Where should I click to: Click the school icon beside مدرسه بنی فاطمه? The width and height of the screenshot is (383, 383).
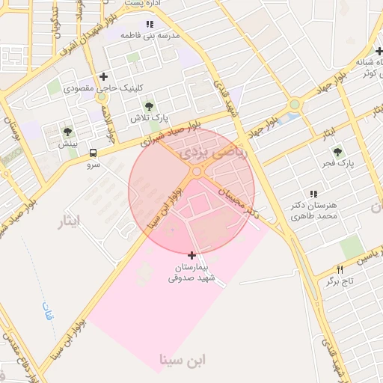click(x=150, y=25)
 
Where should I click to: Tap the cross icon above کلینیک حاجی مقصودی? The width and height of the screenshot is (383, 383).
click(x=103, y=76)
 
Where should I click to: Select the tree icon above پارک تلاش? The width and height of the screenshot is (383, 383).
click(x=149, y=106)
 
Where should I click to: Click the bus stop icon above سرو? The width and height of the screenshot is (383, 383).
click(x=93, y=150)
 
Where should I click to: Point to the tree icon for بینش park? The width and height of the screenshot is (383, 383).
click(x=68, y=132)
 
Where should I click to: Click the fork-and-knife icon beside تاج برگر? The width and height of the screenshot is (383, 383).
click(x=340, y=269)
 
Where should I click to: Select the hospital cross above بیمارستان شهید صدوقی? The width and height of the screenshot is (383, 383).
click(x=192, y=256)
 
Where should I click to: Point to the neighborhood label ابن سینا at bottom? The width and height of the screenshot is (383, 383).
click(x=183, y=361)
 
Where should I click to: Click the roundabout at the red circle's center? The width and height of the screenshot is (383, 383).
click(x=196, y=171)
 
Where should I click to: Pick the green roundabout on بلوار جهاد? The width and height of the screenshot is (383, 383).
click(x=295, y=105)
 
